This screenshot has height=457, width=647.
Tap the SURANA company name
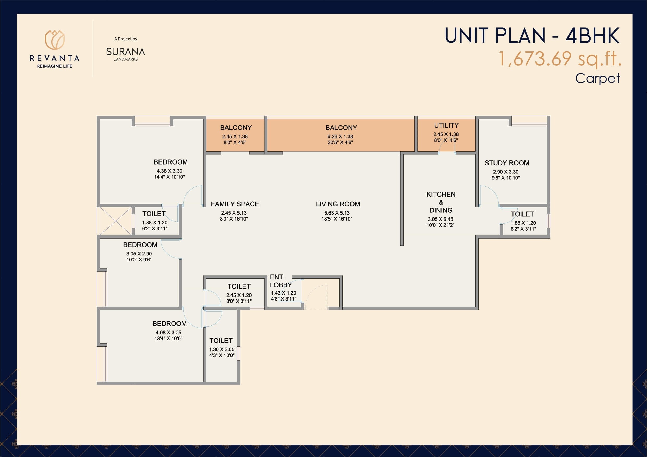[x=125, y=52]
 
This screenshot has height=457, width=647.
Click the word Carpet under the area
[x=597, y=78]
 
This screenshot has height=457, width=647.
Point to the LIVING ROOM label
[x=338, y=204]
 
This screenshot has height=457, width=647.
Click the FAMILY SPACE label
[x=235, y=204]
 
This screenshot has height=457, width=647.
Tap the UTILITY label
[x=446, y=125]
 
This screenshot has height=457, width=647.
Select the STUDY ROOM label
[x=507, y=163]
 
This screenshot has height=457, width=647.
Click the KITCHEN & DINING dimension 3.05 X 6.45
[x=440, y=219]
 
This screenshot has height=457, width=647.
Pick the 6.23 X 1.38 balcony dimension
[x=340, y=136]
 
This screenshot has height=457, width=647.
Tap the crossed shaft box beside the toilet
[x=115, y=221]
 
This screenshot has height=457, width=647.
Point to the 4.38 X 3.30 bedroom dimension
[x=169, y=171]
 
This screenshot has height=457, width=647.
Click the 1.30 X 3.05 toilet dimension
[x=222, y=349]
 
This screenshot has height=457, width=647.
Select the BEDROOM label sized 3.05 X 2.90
[x=140, y=245]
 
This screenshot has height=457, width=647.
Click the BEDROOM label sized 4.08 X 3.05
[x=169, y=323]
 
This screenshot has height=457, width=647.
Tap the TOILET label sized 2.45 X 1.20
[x=239, y=286]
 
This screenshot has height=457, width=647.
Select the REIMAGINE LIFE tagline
[x=55, y=66]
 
